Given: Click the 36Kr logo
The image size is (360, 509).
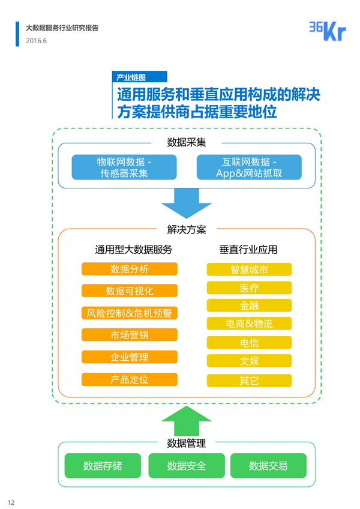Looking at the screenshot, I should tap(327, 31).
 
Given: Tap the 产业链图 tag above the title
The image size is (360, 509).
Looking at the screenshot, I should tap(139, 77).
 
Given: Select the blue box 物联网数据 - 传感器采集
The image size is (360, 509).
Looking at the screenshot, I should tap(124, 167).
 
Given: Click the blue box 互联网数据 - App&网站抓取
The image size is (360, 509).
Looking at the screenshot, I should tap(249, 167).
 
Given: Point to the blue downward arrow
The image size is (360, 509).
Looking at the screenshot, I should tap(187, 202).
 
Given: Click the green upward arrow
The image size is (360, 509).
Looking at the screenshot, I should tap(187, 420).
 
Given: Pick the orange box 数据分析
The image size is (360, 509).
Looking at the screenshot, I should tap(130, 269).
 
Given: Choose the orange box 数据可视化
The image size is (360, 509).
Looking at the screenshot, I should tap(130, 291).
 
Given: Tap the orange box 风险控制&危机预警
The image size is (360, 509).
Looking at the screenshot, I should tap(130, 313).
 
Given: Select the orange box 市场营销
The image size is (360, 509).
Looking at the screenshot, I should tap(130, 335).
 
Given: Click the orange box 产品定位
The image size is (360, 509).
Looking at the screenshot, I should tap(130, 379).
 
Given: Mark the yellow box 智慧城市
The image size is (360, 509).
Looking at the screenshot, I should tap(249, 270).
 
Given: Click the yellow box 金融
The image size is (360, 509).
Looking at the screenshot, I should tap(249, 306).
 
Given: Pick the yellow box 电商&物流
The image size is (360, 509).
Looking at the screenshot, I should tap(249, 324).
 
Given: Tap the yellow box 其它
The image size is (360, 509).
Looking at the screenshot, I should tap(249, 380).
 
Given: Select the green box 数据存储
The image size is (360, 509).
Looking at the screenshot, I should tap(103, 466).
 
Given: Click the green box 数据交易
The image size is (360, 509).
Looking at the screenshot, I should tap(268, 466).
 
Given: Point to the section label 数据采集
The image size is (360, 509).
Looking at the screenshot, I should tap(187, 143).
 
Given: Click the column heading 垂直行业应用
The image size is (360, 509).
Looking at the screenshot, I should tap(248, 249).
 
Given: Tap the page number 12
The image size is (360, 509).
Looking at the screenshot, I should tap(11, 502).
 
